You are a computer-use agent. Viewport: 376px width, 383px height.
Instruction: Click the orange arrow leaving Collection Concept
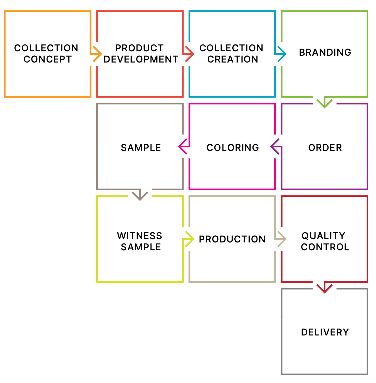pyautogui.click(x=97, y=54)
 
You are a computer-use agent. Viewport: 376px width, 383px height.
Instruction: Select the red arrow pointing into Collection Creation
pyautogui.click(x=189, y=54)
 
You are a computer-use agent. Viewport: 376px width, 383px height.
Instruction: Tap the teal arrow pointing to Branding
pyautogui.click(x=282, y=54)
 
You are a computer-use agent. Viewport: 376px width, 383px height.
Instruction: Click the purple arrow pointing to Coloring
pyautogui.click(x=275, y=146)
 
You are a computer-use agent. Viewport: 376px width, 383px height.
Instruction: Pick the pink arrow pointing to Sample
pyautogui.click(x=183, y=146)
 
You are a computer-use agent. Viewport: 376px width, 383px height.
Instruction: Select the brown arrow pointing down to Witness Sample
pyautogui.click(x=140, y=195)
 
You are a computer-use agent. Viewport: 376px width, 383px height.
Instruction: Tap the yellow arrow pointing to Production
pyautogui.click(x=189, y=239)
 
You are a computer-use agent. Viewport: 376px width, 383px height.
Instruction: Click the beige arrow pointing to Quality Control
pyautogui.click(x=282, y=239)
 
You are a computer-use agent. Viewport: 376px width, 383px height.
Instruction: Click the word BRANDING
pyautogui.click(x=325, y=52)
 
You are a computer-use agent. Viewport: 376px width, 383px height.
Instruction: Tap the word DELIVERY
pyautogui.click(x=325, y=332)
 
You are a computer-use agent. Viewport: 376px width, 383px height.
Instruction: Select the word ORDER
pyautogui.click(x=325, y=148)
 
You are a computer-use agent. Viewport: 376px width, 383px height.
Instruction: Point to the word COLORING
pyautogui.click(x=233, y=148)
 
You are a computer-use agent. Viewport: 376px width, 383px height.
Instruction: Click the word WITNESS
pyautogui.click(x=140, y=236)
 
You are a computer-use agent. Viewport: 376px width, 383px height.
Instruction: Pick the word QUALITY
pyautogui.click(x=323, y=236)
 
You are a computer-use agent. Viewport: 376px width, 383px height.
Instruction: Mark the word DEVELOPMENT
pyautogui.click(x=141, y=59)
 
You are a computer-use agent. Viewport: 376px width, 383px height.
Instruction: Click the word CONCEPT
pyautogui.click(x=48, y=59)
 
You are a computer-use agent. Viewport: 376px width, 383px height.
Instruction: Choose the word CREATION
pyautogui.click(x=233, y=59)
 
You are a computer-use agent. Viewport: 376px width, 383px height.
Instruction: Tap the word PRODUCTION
pyautogui.click(x=232, y=239)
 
